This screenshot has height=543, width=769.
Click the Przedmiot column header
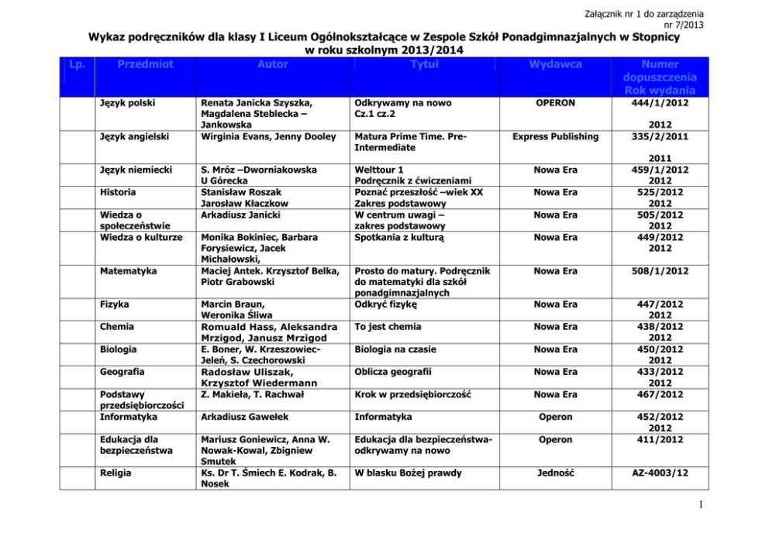tap(146, 65)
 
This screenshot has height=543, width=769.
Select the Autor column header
tap(272, 65)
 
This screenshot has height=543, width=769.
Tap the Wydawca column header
tap(555, 65)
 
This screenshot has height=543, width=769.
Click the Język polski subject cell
tap(126, 102)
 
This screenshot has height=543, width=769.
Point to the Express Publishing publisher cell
tap(555, 136)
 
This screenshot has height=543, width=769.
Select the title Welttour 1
tap(378, 170)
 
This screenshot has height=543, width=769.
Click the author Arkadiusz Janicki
tap(240, 215)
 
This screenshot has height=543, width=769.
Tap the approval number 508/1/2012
tap(660, 271)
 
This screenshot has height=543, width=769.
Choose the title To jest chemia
tap(388, 327)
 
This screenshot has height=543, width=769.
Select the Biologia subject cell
tap(119, 349)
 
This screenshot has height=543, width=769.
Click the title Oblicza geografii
tap(392, 372)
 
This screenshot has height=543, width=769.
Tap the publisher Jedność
tap(555, 473)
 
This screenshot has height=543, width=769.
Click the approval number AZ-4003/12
tap(660, 473)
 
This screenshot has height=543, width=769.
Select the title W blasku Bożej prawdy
tap(408, 473)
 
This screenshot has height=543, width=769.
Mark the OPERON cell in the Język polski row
tap(555, 102)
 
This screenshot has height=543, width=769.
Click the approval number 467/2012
tap(660, 394)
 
